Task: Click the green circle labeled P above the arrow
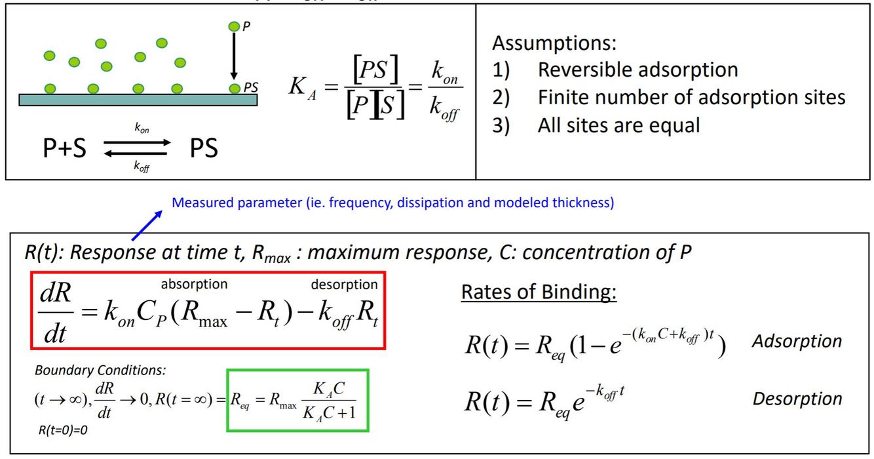[x=234, y=26]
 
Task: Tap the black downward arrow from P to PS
[x=234, y=56]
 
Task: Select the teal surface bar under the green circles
[x=138, y=100]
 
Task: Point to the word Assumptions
[x=554, y=44]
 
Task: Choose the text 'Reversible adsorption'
[x=637, y=70]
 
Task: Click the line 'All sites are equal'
[x=618, y=125]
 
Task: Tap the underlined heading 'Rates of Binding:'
[x=539, y=292]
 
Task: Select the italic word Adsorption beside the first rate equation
[x=797, y=341]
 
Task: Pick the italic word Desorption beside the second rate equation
[x=797, y=399]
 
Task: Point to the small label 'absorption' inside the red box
[x=194, y=284]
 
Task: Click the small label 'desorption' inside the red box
[x=344, y=284]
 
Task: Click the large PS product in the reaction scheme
[x=204, y=149]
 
